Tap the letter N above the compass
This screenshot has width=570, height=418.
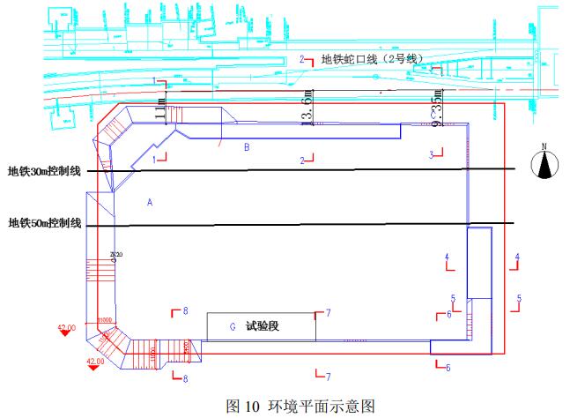pos(545,146)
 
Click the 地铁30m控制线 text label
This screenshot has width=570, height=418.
pos(45,171)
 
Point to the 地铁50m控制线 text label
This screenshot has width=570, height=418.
pos(45,224)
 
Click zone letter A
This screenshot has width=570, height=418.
pos(150,203)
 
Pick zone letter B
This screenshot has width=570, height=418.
pos(247,147)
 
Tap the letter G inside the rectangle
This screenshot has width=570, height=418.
pos(233,327)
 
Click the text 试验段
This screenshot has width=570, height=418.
pos(262,326)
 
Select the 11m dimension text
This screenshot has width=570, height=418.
pos(159,105)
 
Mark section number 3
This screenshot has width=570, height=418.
pos(432,155)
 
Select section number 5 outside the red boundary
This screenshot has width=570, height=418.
pos(519,298)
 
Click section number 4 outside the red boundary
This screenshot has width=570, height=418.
pos(517,257)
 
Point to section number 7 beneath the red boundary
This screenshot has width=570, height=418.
pos(328,377)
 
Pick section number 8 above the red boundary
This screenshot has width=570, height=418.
pos(185,310)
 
